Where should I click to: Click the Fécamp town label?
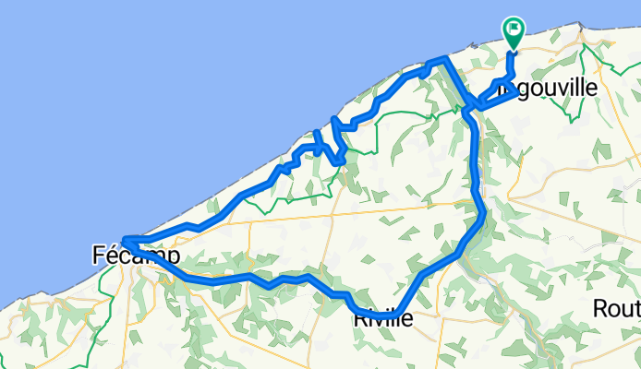coord(137,256)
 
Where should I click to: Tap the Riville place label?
coord(382,321)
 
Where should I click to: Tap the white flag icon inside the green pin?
coord(513,30)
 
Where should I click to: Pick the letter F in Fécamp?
coord(100,256)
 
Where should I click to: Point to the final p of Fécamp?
coord(173,257)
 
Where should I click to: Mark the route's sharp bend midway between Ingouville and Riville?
coord(483,215)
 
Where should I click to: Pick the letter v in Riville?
coord(382,321)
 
